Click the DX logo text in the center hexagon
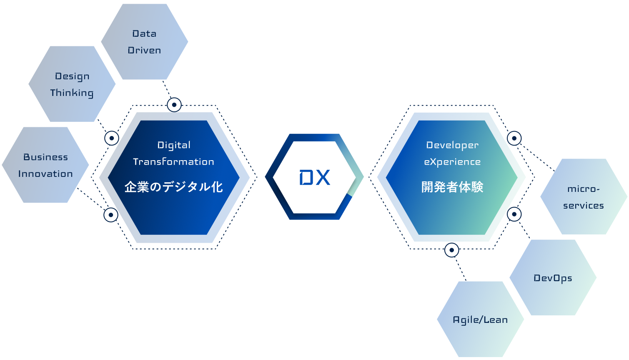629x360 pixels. (315, 178)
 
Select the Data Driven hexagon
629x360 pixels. (144, 42)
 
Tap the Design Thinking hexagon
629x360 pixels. (72, 84)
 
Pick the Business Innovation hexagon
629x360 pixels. (45, 165)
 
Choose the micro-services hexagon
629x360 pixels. (584, 196)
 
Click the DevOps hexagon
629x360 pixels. (553, 278)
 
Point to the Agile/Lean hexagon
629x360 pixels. (480, 320)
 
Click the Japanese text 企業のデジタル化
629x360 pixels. (173, 187)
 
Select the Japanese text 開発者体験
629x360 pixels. (452, 187)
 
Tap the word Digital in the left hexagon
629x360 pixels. (174, 145)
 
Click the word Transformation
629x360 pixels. (173, 162)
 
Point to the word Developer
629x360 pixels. (452, 145)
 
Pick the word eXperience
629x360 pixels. (452, 162)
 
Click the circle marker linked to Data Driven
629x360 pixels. (174, 105)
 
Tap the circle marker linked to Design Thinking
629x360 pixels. (112, 138)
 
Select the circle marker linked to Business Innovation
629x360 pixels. (111, 215)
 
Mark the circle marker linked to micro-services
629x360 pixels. (514, 138)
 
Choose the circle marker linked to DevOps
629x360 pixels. (514, 214)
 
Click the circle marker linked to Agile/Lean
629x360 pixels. (452, 250)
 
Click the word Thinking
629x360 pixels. (72, 93)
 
